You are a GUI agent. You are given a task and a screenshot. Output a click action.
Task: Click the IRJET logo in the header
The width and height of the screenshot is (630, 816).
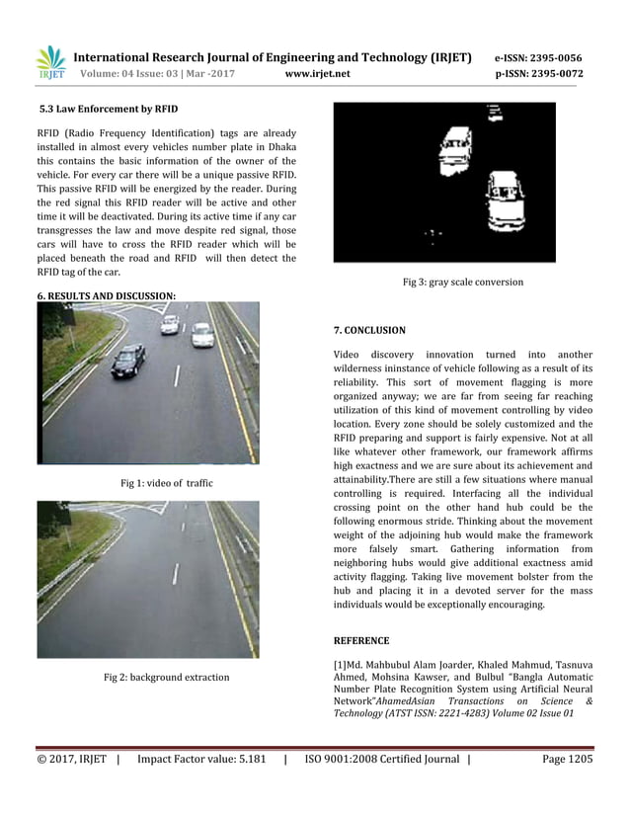pyautogui.click(x=50, y=63)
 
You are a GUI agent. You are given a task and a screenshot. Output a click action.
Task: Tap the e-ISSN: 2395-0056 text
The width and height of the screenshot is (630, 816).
pyautogui.click(x=538, y=57)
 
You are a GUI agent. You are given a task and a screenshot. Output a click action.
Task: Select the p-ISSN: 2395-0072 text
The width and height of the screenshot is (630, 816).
pyautogui.click(x=538, y=74)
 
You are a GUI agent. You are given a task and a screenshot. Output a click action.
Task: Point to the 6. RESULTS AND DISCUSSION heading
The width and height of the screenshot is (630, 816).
pyautogui.click(x=107, y=295)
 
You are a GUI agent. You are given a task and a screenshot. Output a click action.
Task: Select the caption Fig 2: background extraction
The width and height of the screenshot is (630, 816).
pyautogui.click(x=166, y=677)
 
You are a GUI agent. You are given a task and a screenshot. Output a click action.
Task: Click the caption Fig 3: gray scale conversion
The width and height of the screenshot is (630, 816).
pyautogui.click(x=463, y=282)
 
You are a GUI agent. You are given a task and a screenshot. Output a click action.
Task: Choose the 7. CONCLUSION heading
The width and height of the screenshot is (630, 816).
pyautogui.click(x=369, y=330)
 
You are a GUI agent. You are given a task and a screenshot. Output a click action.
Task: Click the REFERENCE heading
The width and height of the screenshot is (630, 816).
pyautogui.click(x=361, y=640)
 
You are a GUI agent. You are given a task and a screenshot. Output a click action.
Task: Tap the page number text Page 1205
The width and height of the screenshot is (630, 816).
pyautogui.click(x=567, y=759)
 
